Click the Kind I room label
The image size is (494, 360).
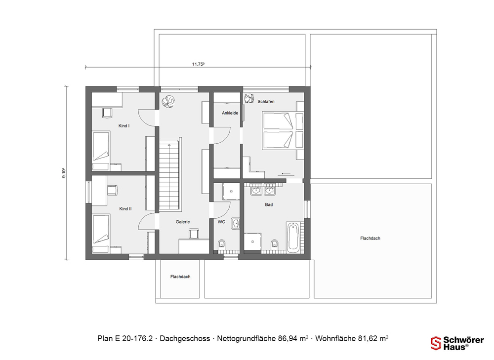coord(124,125)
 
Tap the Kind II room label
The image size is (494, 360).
coord(125,208)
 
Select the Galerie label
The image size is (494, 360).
coord(183,222)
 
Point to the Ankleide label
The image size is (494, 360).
coord(230,113)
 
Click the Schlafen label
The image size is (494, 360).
coord(266,101)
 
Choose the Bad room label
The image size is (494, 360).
coord(269,204)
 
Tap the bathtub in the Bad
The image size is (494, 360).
coord(293,237)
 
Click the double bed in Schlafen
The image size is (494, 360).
coord(283,130)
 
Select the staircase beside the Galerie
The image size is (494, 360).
coord(170,175)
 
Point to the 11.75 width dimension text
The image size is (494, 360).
coord(199,64)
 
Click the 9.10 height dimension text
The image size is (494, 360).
coord(64,173)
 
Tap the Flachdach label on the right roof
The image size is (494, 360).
coord(370,238)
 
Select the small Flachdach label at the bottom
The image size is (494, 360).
coord(180,277)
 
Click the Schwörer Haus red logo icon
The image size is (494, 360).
coord(436,343)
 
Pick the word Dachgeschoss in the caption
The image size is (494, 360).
coord(185,339)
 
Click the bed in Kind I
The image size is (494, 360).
coord(101,147)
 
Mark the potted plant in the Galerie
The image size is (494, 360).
coord(168,101)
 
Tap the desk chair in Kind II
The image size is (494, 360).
coord(113,190)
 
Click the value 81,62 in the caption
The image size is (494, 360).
coord(368,339)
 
